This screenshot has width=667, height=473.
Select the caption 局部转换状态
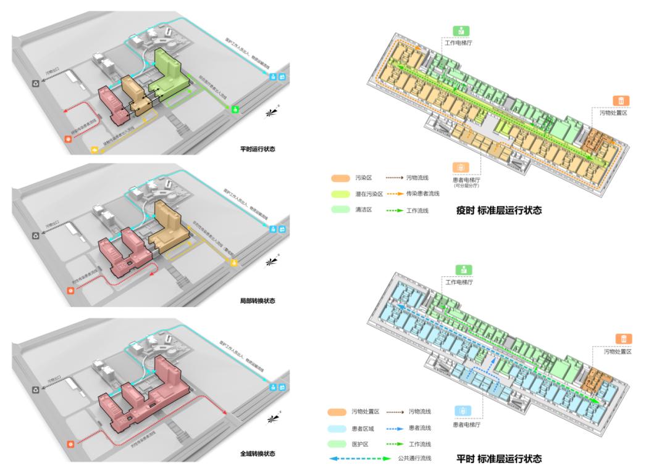pos(258,301)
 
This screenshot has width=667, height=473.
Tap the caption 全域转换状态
pos(258,453)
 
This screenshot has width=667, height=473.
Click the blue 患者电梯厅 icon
pos(463,411)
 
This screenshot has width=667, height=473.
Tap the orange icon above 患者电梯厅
pos(461,167)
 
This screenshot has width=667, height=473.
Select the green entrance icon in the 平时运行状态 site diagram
pos(235,109)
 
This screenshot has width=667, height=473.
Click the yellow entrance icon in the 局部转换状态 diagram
pos(234,263)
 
